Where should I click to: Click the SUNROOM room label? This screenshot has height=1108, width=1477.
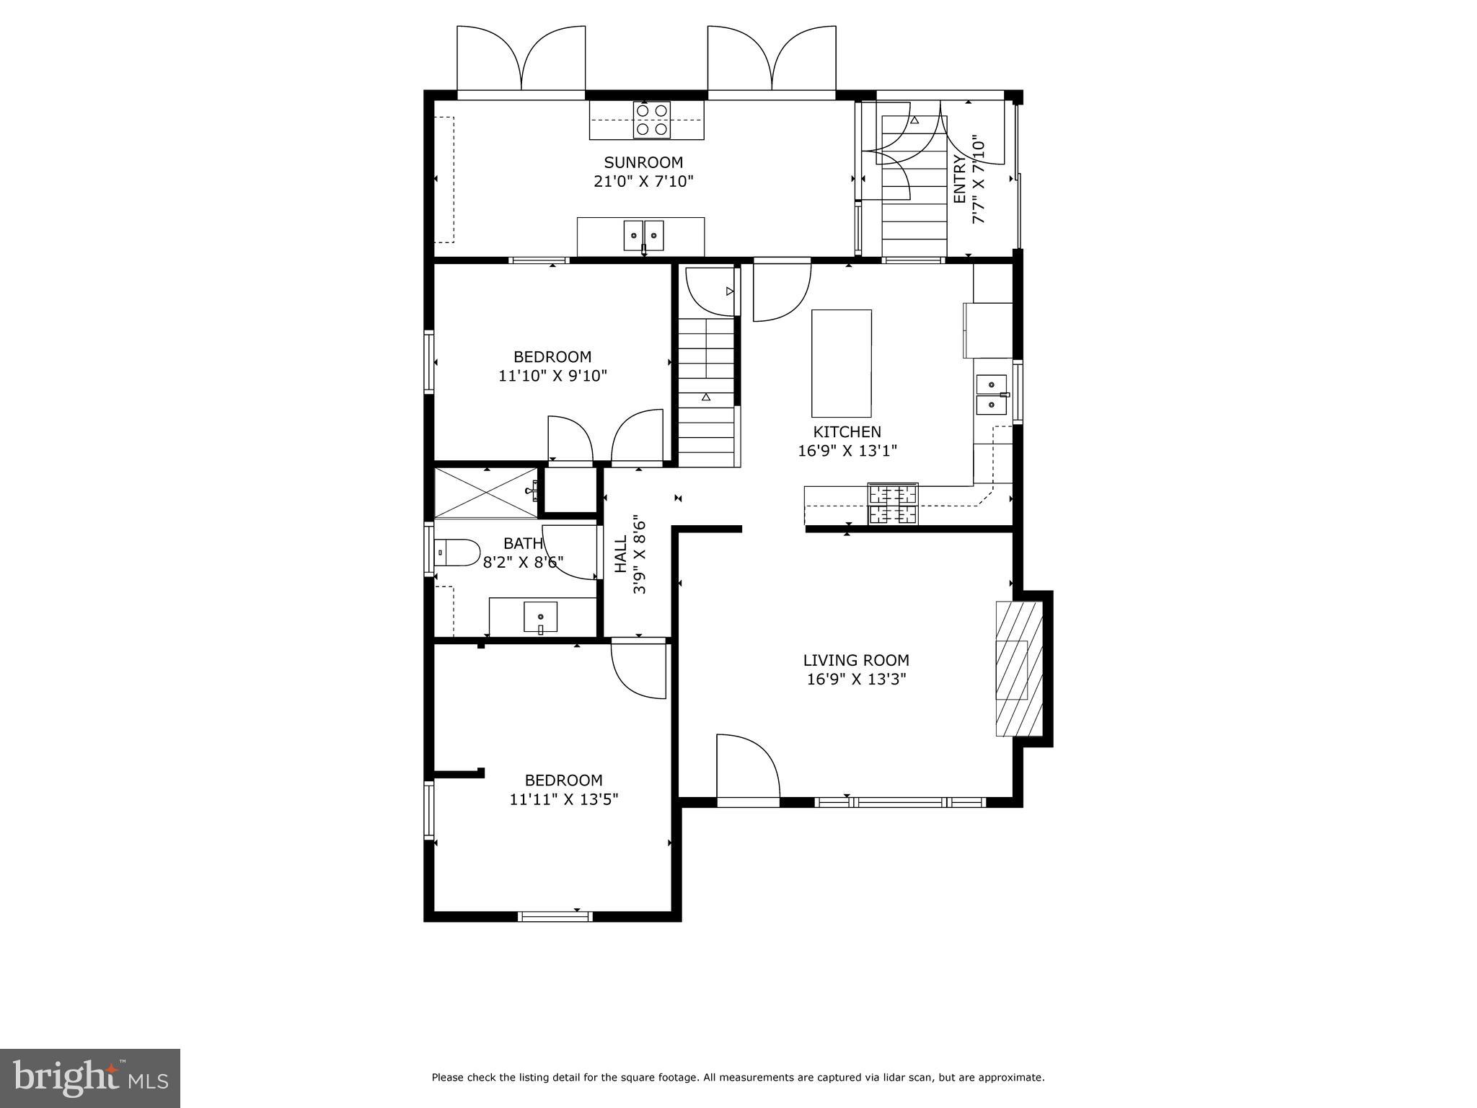[x=643, y=162]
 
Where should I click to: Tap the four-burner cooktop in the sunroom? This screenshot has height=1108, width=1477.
[x=651, y=120]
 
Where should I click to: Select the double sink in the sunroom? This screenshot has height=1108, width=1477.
[x=643, y=235]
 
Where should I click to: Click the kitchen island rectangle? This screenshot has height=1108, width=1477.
[x=841, y=363]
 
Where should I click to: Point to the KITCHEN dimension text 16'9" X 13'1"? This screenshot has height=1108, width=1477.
[x=847, y=451]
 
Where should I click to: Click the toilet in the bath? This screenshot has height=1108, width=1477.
[x=457, y=553]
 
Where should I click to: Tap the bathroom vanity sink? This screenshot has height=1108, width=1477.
[x=540, y=617]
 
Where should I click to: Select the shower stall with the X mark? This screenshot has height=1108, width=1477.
[x=485, y=493]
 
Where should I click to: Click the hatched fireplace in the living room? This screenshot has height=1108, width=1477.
[x=1019, y=668]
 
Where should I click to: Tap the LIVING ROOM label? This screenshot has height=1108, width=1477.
[x=855, y=660]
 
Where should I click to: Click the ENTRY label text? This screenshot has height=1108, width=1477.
[x=959, y=179]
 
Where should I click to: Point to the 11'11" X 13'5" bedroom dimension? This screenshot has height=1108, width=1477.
[x=563, y=799]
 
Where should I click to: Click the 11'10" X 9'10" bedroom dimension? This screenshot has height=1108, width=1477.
[x=552, y=376]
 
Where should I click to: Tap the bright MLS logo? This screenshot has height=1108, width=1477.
[x=89, y=1077]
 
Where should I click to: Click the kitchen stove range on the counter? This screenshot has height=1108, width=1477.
[x=893, y=504]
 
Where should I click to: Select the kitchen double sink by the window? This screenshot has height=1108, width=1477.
[x=991, y=395]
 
